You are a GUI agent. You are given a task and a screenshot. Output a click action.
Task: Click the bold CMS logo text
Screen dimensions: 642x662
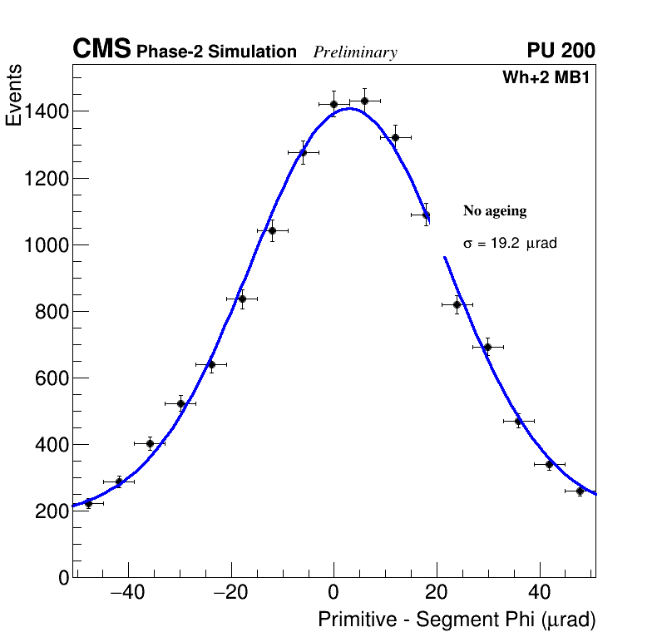point(101,50)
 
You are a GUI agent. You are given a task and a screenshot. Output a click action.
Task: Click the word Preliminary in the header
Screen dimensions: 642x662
point(355,52)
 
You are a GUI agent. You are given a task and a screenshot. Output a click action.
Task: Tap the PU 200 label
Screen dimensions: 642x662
point(561,51)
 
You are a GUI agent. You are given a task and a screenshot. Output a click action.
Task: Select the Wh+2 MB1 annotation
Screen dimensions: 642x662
point(546,77)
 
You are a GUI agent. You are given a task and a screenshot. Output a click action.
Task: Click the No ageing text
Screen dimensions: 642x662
point(495,211)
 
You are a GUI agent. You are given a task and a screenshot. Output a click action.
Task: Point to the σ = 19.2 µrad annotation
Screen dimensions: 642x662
point(510,244)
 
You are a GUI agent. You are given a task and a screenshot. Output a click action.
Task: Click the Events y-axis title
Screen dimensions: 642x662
point(14,96)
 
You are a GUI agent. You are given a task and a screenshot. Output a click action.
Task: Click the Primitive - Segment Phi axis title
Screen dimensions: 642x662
point(457,620)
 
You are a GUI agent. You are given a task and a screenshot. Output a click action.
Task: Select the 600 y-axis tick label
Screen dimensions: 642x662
point(51,378)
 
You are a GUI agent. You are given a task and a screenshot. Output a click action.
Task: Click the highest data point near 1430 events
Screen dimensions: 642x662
point(364,101)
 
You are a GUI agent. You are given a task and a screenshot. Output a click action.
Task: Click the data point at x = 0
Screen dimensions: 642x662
point(333,104)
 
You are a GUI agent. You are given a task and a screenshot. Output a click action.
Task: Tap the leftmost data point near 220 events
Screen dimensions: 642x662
point(88,503)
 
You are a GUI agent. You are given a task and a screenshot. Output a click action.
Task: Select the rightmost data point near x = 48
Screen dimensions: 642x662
point(580,491)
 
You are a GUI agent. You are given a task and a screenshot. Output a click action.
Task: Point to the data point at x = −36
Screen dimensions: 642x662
point(150,443)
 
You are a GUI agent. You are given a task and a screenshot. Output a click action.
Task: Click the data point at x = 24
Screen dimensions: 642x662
point(457,304)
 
